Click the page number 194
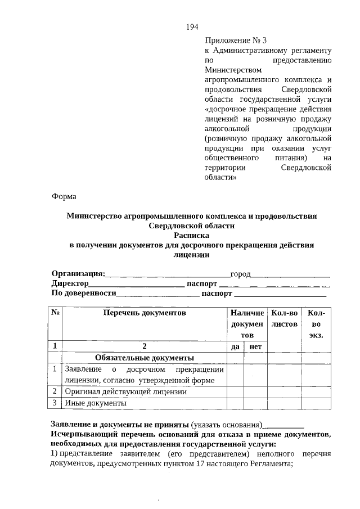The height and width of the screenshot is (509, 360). click(192, 27)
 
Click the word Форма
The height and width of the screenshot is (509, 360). click(64, 196)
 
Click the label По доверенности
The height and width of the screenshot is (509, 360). click(84, 293)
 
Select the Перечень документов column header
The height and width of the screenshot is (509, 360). click(144, 313)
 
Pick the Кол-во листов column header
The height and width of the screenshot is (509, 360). click(283, 318)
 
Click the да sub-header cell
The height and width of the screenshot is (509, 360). click(235, 347)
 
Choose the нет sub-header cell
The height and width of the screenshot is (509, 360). click(255, 347)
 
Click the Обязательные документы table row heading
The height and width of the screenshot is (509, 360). click(145, 358)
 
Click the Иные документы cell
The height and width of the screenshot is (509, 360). click(96, 403)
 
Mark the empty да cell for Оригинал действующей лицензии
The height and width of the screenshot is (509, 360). click(235, 391)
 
